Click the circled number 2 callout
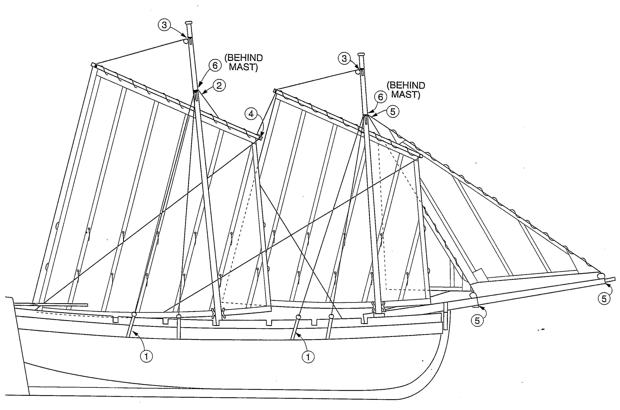coord(219,85)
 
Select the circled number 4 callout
coord(251,114)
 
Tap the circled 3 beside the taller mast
coord(164,25)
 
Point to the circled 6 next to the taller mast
coord(215,66)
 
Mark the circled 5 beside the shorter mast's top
coord(393,112)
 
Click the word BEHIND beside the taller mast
coord(243,58)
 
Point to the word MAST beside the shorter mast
coord(406,95)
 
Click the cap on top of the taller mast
coord(189,23)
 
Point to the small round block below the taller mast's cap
coord(186,41)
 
